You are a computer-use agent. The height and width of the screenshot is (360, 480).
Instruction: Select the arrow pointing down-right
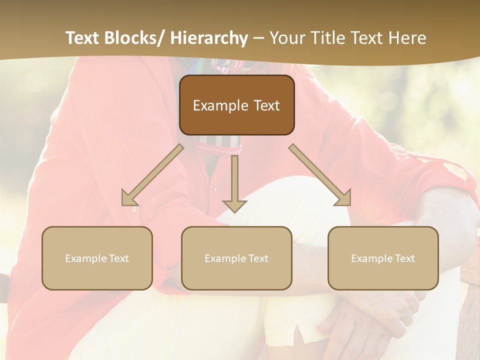(x=320, y=175)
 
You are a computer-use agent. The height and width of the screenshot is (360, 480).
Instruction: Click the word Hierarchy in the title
(x=209, y=38)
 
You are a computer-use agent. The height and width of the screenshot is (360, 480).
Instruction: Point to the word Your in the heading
(x=286, y=38)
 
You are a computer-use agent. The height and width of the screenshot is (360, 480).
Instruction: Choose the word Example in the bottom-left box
(x=85, y=258)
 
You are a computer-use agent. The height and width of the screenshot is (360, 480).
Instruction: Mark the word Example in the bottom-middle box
(x=225, y=258)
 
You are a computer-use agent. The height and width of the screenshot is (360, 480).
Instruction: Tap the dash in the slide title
(x=258, y=39)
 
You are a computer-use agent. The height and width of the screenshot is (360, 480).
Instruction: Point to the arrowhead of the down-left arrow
(x=129, y=199)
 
